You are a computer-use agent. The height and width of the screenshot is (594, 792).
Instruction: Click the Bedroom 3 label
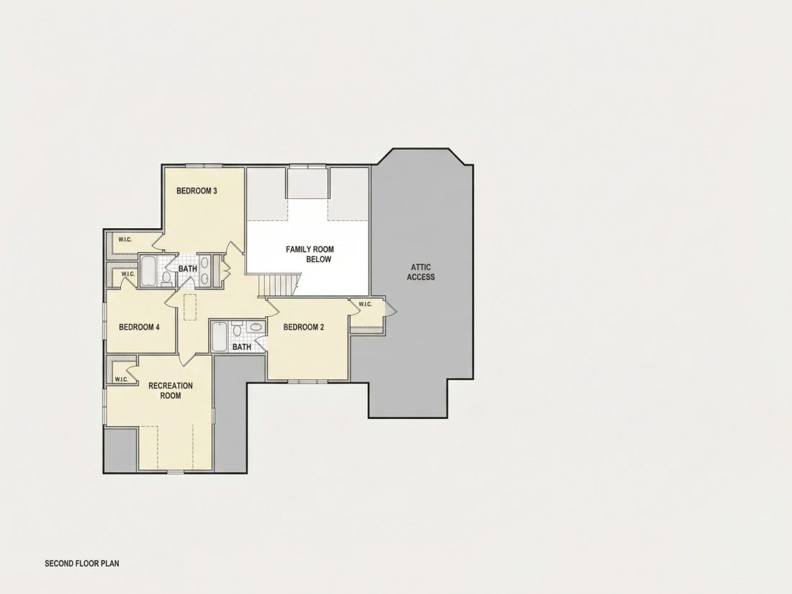click(x=197, y=191)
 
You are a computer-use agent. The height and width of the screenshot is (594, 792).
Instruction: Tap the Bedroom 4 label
click(x=140, y=328)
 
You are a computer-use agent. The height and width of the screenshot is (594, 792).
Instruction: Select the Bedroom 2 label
click(x=304, y=328)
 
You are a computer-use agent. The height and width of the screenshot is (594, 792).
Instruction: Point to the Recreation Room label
click(x=170, y=390)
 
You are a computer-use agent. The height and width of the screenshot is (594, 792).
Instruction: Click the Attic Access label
click(x=420, y=271)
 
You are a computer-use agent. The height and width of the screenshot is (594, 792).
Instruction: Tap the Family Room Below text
click(x=310, y=254)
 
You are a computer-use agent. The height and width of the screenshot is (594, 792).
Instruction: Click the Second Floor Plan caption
click(x=82, y=563)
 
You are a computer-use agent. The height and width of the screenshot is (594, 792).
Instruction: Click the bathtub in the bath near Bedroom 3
click(x=148, y=271)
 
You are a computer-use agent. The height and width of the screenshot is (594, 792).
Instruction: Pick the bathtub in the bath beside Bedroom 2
click(x=220, y=337)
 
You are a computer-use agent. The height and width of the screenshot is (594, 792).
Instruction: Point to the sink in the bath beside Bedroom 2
click(x=256, y=328)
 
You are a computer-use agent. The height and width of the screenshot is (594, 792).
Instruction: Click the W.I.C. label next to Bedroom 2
click(x=365, y=304)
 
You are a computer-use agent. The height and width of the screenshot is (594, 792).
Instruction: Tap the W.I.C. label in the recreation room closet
click(x=121, y=379)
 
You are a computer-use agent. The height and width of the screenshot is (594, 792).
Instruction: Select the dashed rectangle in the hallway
click(x=190, y=307)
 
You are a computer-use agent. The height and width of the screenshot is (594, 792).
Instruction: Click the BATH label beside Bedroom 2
click(x=241, y=347)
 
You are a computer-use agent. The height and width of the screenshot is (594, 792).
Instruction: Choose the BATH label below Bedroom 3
click(x=188, y=269)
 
